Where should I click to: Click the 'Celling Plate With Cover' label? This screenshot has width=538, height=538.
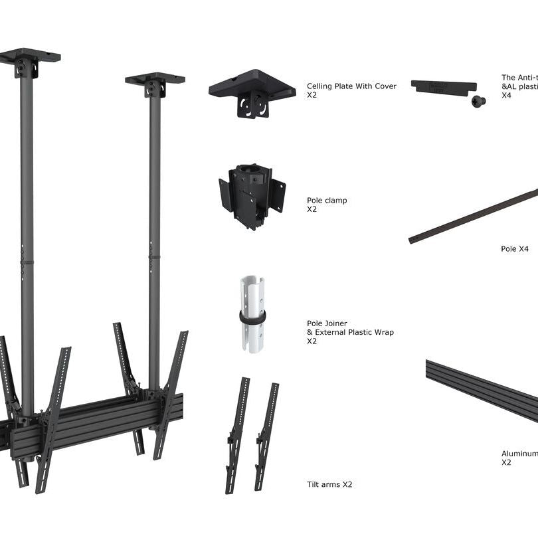[351, 86]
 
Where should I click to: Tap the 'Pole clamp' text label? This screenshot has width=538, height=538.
[327, 200]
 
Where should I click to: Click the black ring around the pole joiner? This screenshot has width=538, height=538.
[252, 317]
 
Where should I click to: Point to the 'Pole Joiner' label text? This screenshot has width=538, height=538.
[327, 323]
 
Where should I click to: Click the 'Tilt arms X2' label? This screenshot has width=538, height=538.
[329, 485]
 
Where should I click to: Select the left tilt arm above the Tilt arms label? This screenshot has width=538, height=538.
[237, 435]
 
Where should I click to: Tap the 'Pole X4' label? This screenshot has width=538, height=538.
[515, 249]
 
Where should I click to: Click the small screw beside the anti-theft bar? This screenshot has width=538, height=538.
[478, 101]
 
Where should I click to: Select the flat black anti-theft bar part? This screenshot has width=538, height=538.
[443, 86]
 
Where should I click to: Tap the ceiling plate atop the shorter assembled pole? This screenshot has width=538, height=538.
[155, 79]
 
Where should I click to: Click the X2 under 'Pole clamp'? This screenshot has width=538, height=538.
[312, 209]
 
